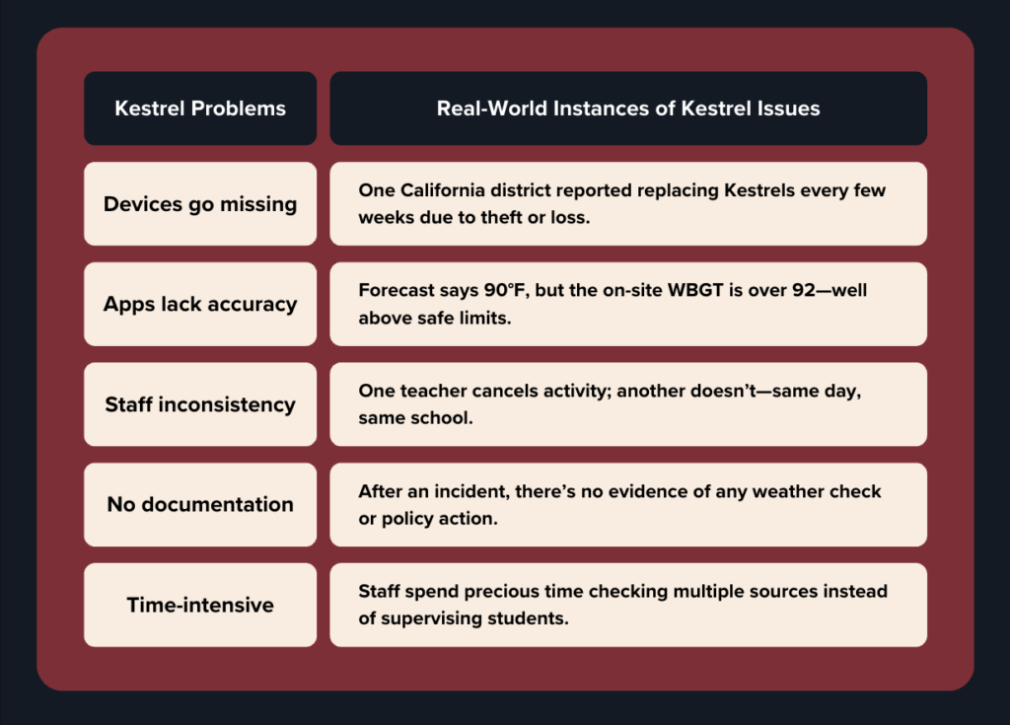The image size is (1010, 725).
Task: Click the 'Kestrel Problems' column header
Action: point(200,109)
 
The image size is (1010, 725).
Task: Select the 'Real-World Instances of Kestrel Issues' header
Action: point(628,109)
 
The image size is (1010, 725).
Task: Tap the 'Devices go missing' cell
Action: point(200,203)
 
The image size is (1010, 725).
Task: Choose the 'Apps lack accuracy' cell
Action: point(200,304)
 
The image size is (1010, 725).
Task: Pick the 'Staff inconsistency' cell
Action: point(200,404)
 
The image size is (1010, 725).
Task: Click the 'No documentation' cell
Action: point(200,505)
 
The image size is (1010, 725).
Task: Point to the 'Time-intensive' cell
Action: point(200,605)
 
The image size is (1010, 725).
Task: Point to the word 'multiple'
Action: point(704,592)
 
